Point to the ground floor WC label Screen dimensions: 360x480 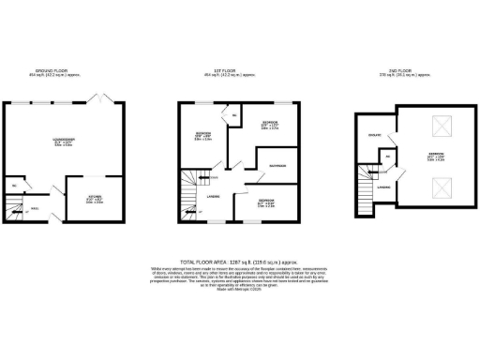tap(16, 187)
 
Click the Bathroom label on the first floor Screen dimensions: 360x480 tap(277, 166)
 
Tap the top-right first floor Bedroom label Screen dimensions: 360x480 tap(269, 124)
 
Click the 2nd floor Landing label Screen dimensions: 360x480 tap(384, 188)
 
